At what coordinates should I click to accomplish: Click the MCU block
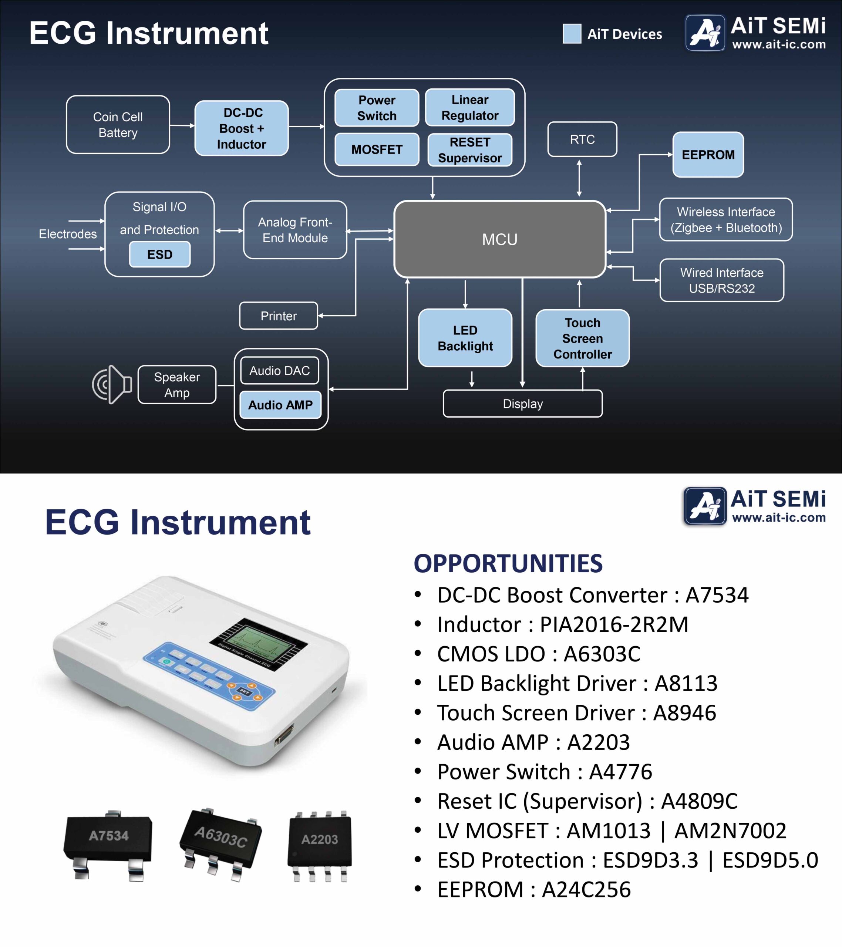point(499,239)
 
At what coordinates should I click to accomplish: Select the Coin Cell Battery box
point(118,125)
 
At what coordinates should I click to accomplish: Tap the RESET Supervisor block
point(470,150)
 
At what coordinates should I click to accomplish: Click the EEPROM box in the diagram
point(708,155)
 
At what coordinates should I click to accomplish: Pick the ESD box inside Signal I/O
point(160,255)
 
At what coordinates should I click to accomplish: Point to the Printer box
point(279,316)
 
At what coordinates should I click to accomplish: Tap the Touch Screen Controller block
point(583,338)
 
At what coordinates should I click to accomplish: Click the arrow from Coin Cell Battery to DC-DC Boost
point(182,125)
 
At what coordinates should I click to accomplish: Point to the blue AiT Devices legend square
point(572,34)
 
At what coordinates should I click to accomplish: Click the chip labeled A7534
point(108,845)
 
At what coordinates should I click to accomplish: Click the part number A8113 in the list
point(686,683)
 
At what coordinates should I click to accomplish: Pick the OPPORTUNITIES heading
point(508,563)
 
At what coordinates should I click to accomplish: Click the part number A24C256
point(586,890)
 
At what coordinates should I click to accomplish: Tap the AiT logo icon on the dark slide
point(705,33)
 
